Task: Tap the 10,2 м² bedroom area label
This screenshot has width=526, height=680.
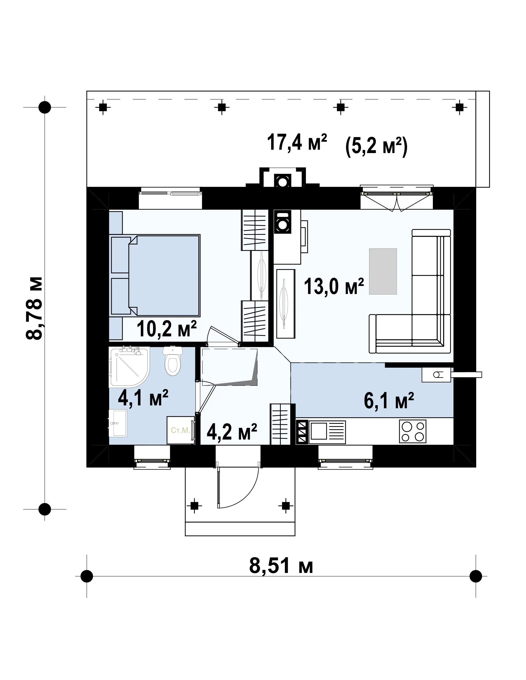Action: coord(167,329)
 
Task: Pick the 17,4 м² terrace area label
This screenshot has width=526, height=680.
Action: coord(297,142)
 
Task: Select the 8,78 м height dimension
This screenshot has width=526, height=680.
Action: coord(34,308)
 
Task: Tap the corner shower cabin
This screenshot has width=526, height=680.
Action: coord(129,367)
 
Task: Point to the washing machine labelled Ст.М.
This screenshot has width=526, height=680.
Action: coord(181,430)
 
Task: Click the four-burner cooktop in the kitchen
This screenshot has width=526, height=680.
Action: coord(412,431)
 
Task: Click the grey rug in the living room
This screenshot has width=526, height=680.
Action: coord(383,271)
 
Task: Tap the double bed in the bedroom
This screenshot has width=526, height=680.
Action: coord(155,275)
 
